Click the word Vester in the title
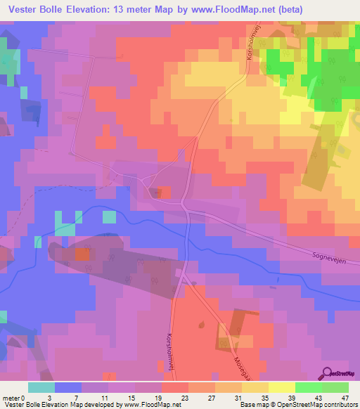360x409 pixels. click(22, 8)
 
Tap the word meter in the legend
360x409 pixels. click(10, 397)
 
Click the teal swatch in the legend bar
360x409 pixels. click(41, 387)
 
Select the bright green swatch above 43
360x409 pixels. click(309, 387)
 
